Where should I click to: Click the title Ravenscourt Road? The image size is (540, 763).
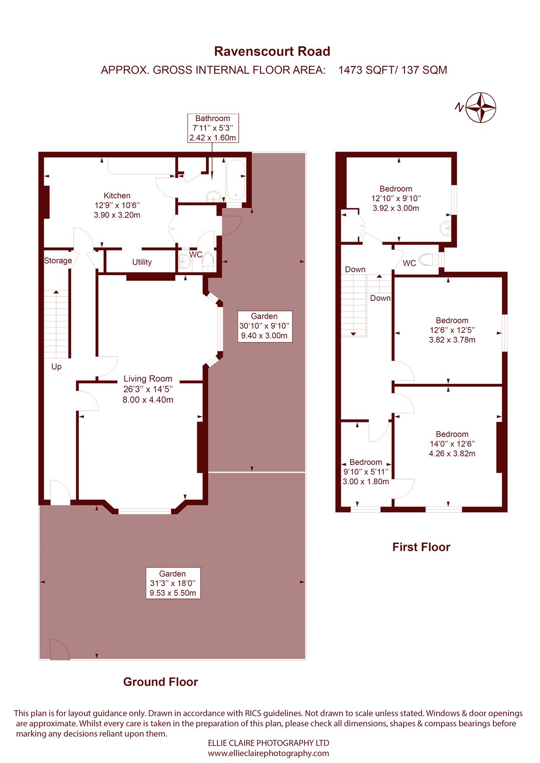tap(272, 52)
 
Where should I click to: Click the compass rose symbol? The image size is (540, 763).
tap(480, 107)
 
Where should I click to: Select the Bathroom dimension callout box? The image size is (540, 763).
tap(213, 128)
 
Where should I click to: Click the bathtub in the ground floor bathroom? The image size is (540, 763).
tap(235, 180)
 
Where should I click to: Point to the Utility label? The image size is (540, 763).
tap(142, 262)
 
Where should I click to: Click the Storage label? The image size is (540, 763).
tap(58, 260)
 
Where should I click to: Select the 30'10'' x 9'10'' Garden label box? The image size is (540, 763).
tap(264, 326)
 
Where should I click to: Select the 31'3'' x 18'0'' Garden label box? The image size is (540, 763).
tap(173, 583)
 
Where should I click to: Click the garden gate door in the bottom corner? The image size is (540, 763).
tap(59, 650)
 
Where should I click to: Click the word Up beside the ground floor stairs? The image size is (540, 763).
tap(56, 367)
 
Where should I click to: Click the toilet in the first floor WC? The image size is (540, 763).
tap(430, 259)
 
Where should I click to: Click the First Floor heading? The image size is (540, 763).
tap(421, 547)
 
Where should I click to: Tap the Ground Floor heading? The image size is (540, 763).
tap(160, 682)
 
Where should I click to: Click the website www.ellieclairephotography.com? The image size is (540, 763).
tap(268, 753)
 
